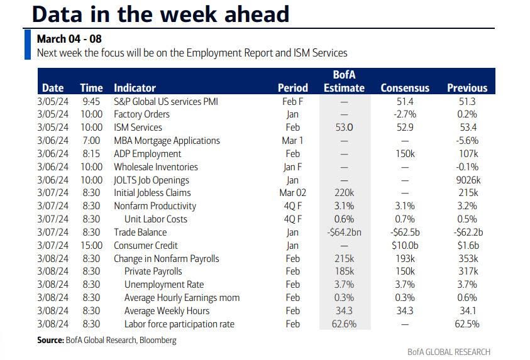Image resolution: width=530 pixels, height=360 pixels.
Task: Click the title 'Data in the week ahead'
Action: tap(160, 14)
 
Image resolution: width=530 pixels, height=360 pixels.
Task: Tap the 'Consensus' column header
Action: tap(405, 88)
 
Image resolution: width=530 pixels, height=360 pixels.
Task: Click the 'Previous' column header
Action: tap(467, 88)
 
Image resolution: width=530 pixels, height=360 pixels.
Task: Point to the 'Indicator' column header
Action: tap(135, 88)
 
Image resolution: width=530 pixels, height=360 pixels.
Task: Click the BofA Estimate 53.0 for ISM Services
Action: tap(345, 128)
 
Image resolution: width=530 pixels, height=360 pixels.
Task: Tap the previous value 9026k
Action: tap(467, 180)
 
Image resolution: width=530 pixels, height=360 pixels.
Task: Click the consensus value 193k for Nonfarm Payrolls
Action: tap(405, 258)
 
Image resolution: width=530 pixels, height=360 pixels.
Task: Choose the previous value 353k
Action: tap(467, 258)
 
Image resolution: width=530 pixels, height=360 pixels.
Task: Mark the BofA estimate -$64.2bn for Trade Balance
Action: tap(345, 232)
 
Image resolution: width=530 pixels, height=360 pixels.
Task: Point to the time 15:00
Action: tap(91, 245)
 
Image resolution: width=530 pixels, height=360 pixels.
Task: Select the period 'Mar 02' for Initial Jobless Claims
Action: tap(292, 193)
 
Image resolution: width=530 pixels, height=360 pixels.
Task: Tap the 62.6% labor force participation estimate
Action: tap(345, 324)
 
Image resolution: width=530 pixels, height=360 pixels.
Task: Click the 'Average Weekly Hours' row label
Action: tap(167, 311)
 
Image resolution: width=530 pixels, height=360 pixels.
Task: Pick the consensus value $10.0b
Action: tap(405, 245)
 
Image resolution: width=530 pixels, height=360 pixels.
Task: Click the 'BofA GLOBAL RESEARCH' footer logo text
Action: tap(449, 352)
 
